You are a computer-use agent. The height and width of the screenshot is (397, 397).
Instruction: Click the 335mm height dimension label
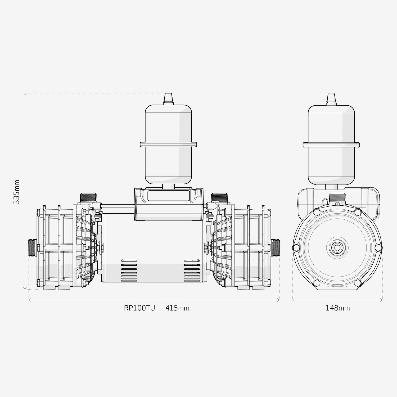(x=17, y=192)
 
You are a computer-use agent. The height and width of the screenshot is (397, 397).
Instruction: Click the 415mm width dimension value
(x=177, y=308)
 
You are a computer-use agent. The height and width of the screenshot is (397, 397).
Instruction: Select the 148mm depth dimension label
(x=337, y=308)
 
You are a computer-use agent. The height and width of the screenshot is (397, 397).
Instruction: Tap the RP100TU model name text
(x=139, y=308)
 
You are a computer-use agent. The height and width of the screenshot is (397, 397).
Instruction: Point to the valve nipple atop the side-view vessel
(x=331, y=98)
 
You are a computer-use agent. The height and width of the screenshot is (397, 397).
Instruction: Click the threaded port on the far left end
(x=33, y=247)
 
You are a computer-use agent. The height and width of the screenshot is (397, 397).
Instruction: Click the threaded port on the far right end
(x=276, y=247)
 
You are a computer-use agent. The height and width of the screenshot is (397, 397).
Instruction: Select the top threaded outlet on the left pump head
(x=88, y=197)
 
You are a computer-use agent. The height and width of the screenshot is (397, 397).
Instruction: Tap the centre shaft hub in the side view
(x=337, y=247)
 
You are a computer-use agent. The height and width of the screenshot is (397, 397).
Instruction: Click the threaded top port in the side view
(x=337, y=197)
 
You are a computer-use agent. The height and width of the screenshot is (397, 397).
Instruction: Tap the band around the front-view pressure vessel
(x=168, y=144)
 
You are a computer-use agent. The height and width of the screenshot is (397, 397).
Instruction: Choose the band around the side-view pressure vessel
(x=331, y=145)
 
